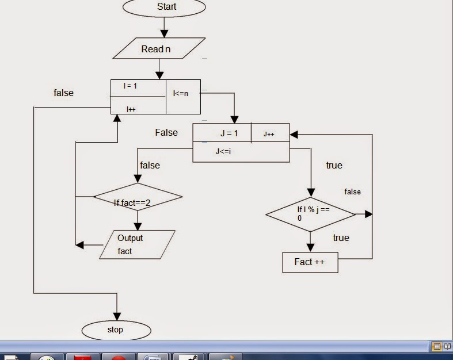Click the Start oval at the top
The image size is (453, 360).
pos(164,7)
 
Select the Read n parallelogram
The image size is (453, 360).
pos(159,49)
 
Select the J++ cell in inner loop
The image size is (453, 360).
pos(269,134)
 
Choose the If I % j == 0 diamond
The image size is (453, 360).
pos(311,214)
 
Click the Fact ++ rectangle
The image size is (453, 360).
pos(310,262)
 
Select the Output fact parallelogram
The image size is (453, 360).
pos(137,244)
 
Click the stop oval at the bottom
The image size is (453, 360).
pos(116,330)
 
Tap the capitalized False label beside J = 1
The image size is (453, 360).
pos(166,132)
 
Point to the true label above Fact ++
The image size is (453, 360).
pos(341,238)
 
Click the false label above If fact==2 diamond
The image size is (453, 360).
pos(150,165)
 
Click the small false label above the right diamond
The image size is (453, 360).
pos(352,192)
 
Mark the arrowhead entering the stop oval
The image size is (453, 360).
pos(117,316)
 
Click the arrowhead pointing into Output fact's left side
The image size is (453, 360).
pos(80,245)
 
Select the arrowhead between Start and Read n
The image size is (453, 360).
pos(164,33)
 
